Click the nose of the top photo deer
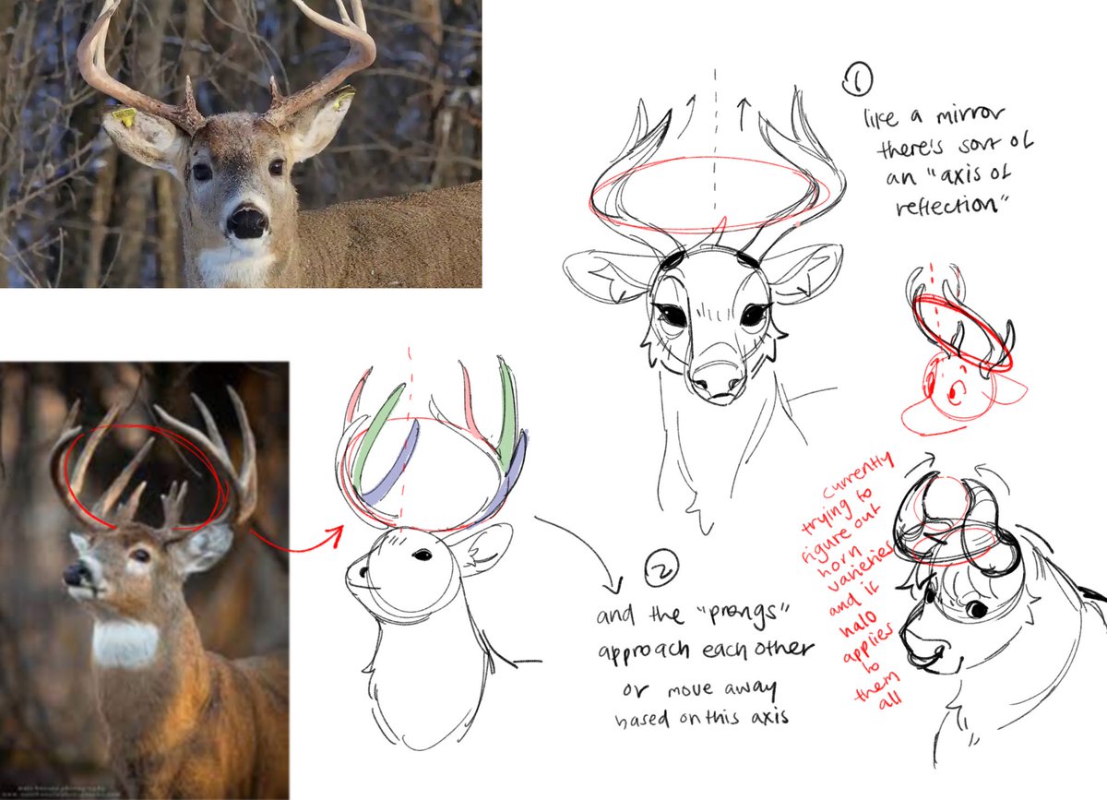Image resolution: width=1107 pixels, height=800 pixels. [246, 222]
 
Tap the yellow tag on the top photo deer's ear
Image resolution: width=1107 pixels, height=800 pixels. [125, 117]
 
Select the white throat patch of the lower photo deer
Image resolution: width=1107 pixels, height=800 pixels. [125, 643]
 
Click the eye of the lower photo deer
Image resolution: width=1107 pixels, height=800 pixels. [139, 555]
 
